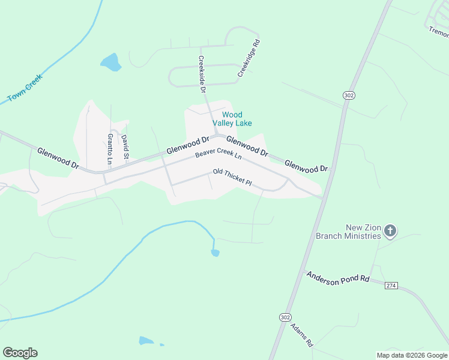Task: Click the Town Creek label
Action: [x=25, y=88]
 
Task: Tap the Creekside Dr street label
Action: [x=202, y=74]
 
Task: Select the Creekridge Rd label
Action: [x=249, y=59]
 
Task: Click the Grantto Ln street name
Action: [x=110, y=149]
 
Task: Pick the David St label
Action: [x=125, y=148]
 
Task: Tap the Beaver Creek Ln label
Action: [x=218, y=155]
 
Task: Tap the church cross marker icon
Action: [x=390, y=230]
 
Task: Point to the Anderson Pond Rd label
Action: [x=337, y=278]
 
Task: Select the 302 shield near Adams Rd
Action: [x=286, y=316]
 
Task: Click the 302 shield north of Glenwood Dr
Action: [x=349, y=95]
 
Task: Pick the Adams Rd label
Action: [x=301, y=335]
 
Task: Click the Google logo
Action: [x=20, y=353]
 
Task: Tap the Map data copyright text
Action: [x=412, y=355]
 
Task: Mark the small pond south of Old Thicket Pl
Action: [x=215, y=253]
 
